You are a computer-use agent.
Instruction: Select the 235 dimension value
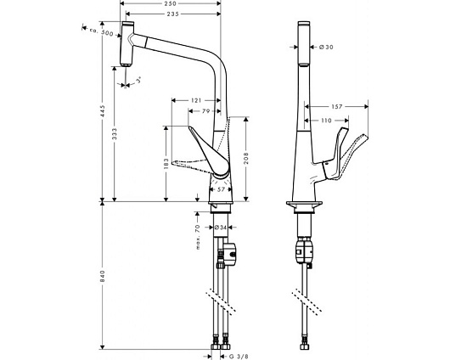[172, 14]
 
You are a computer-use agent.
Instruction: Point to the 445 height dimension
[103, 111]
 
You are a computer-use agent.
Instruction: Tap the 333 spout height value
[115, 134]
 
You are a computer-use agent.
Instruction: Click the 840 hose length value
[103, 276]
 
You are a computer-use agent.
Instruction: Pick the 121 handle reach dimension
[196, 100]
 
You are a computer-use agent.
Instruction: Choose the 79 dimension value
[205, 111]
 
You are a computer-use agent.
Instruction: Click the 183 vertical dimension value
[166, 164]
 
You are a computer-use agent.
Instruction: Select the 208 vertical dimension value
[246, 159]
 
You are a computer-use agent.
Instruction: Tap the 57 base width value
[221, 189]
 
